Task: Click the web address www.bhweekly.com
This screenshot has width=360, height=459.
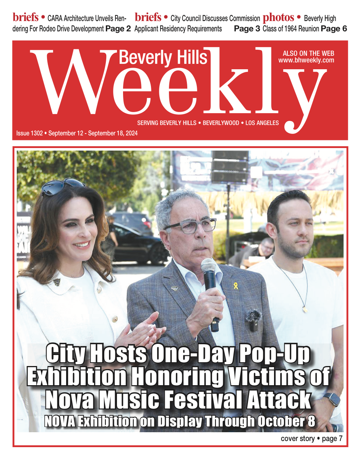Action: (x=306, y=60)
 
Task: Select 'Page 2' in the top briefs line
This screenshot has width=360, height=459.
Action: (x=118, y=29)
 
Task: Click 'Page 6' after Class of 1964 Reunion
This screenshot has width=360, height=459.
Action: (x=334, y=29)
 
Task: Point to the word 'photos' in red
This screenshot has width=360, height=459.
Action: (x=279, y=18)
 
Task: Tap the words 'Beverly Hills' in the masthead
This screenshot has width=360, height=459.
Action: (x=163, y=57)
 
